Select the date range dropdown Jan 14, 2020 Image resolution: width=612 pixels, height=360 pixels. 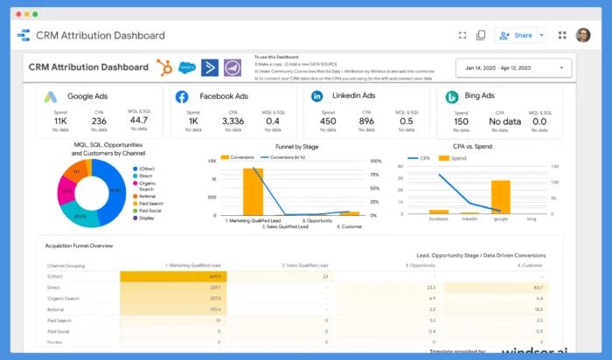513,68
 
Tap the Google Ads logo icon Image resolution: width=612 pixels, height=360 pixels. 52,97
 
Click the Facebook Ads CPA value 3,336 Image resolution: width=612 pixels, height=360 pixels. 233,121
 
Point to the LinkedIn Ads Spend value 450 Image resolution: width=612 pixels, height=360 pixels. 327,121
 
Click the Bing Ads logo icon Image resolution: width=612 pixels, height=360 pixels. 452,97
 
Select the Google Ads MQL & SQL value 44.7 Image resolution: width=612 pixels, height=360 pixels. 139,121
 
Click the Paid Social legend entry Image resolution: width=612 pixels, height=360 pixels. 151,211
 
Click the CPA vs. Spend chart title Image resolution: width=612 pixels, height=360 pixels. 478,147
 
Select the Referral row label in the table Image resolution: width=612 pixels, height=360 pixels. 55,308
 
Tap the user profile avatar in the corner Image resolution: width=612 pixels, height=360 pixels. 582,36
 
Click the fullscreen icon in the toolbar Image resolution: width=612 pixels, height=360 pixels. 462,36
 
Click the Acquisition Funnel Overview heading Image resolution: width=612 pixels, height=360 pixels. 80,246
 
